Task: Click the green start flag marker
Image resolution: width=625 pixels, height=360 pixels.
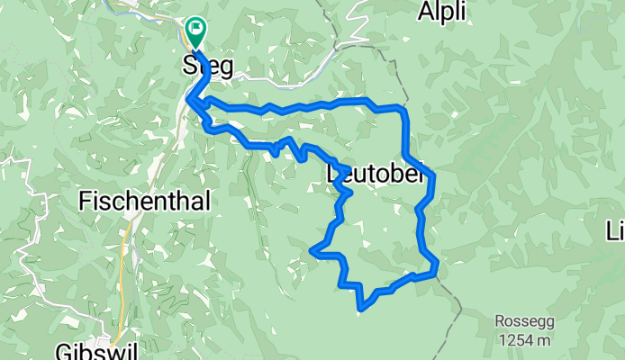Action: (x=195, y=31)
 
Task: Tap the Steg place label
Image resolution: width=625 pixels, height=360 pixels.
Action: (x=208, y=66)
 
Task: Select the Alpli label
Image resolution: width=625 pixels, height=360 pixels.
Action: (x=442, y=12)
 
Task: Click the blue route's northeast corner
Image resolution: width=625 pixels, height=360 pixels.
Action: (x=403, y=109)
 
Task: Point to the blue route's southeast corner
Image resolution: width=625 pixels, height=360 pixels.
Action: (x=436, y=266)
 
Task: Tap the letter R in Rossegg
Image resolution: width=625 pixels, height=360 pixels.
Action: (x=499, y=321)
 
